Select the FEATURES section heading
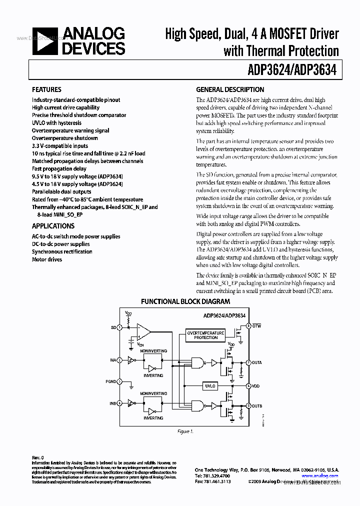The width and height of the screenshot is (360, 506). pyautogui.click(x=46, y=90)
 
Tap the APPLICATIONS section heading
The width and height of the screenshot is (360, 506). pyautogui.click(x=53, y=226)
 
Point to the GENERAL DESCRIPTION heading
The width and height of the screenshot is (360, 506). pyautogui.click(x=230, y=90)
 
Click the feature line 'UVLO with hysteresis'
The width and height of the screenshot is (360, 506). pyautogui.click(x=56, y=123)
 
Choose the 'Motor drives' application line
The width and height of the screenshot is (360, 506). pyautogui.click(x=47, y=259)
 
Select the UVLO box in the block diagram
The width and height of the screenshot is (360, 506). pyautogui.click(x=210, y=386)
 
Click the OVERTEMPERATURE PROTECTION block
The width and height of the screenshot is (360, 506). pyautogui.click(x=205, y=335)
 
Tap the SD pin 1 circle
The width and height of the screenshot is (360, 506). pyautogui.click(x=119, y=327)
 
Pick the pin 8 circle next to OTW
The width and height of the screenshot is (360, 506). pyautogui.click(x=248, y=326)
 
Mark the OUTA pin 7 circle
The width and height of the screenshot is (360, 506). pyautogui.click(x=248, y=362)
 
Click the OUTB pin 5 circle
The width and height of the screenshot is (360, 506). pyautogui.click(x=248, y=406)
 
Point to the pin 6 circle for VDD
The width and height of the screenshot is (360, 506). pyautogui.click(x=248, y=386)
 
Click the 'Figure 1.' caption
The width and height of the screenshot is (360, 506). pyautogui.click(x=185, y=431)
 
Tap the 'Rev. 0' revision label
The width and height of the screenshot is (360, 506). pyautogui.click(x=38, y=457)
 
